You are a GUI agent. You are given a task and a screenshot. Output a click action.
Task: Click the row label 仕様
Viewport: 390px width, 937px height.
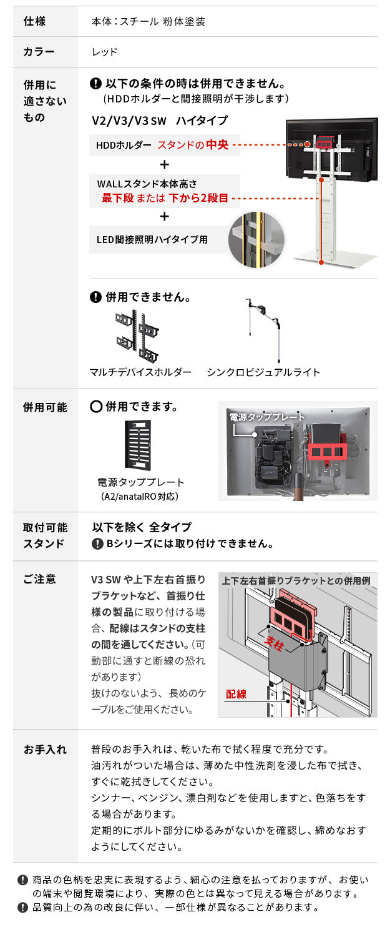coord(34,21)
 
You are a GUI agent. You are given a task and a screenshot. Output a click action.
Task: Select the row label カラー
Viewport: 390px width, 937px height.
coord(39,52)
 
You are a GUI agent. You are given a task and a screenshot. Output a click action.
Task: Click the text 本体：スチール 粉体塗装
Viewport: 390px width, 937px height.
coord(149,21)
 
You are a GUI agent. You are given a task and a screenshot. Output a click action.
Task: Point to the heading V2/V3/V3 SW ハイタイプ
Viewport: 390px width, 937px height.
coord(160,121)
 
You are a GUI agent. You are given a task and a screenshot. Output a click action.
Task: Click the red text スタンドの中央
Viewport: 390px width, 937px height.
coord(192,145)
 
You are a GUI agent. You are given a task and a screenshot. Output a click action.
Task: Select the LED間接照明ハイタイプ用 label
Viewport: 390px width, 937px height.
coord(152,239)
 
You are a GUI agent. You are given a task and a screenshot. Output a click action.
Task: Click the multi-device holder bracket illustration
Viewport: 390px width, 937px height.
coord(138,337)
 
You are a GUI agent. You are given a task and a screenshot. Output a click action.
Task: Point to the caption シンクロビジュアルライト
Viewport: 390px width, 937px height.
coord(263,372)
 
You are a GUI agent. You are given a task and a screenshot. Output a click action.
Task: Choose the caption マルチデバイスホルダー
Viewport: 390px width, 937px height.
coord(140,372)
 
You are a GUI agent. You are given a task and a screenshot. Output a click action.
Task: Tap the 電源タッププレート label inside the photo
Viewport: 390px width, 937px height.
coord(267,417)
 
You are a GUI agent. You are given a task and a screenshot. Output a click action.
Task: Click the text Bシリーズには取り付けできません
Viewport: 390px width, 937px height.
coord(190,544)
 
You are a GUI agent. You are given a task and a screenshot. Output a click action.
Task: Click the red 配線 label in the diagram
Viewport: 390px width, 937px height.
coord(236,693)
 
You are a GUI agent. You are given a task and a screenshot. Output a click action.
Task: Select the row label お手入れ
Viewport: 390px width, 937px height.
coord(45,749)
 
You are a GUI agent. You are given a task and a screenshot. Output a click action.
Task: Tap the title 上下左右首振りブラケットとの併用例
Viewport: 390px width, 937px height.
coord(297,580)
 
